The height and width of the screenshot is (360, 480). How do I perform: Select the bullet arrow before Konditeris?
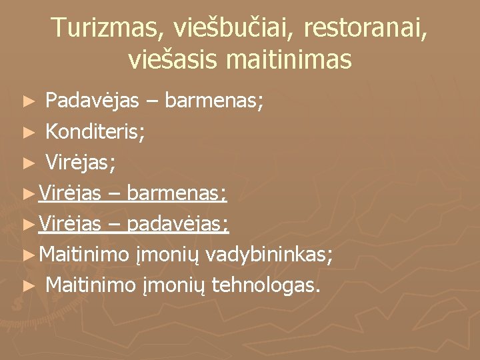coord(27,133)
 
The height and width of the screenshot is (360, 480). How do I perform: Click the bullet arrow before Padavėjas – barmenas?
coord(27,102)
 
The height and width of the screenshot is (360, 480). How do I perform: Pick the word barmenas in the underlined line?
coord(179,194)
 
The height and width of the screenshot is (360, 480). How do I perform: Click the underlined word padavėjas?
coord(178,225)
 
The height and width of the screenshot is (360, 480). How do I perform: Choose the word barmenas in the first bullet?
coord(215,101)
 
